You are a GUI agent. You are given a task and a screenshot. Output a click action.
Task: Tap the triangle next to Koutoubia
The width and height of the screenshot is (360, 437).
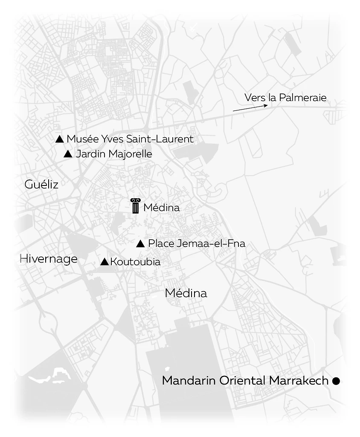coord(105,262)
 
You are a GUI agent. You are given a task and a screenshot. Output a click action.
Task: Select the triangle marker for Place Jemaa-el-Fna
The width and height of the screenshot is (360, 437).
coord(141,244)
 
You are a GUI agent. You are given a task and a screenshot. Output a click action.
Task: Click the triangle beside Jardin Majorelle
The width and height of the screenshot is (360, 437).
coord(68,154)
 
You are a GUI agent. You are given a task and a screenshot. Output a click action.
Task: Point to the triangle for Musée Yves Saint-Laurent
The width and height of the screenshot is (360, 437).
coord(60,139)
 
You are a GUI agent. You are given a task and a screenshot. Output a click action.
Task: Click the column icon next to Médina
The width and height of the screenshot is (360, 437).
coord(135,206)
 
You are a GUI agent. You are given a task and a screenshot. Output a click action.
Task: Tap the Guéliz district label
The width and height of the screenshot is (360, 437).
coord(41,185)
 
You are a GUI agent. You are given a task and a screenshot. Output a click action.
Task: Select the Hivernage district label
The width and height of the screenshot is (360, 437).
coord(49,259)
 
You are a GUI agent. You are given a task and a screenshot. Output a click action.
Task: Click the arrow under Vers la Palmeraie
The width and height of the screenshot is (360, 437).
coord(250,108)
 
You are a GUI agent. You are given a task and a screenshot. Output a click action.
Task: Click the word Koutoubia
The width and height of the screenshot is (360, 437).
coord(135,262)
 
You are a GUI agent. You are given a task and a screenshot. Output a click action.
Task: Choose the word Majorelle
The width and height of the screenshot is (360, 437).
coord(131,154)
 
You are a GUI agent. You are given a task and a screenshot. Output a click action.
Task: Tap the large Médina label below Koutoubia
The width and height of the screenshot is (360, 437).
coord(186,293)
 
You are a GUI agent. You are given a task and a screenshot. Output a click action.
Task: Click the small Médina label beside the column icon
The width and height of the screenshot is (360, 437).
coord(162,208)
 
